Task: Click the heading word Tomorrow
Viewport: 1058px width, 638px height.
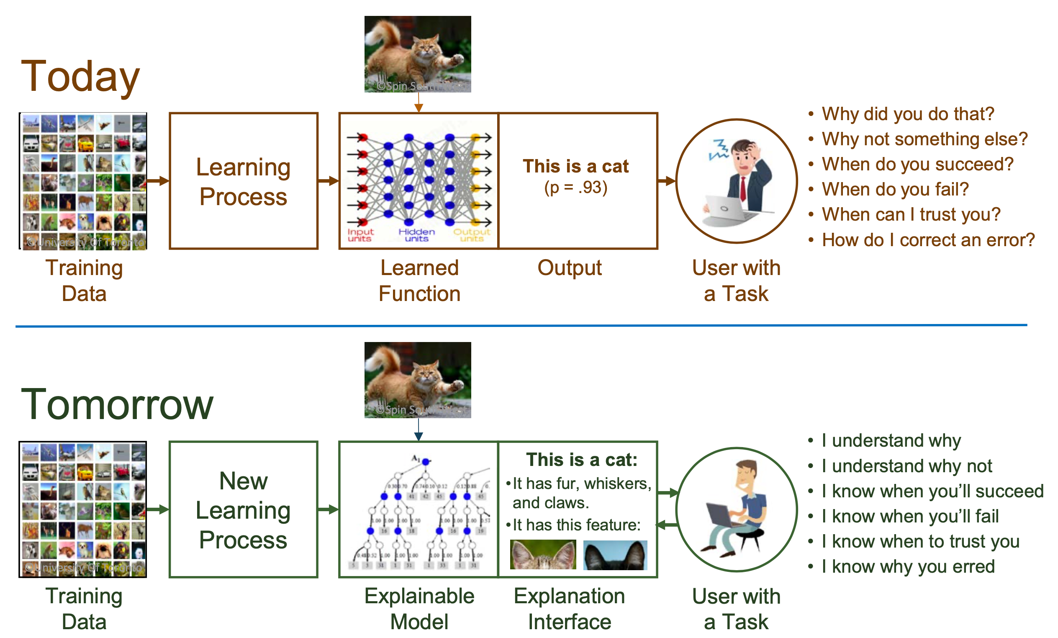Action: pyautogui.click(x=117, y=405)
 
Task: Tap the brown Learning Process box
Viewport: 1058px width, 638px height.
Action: pyautogui.click(x=244, y=181)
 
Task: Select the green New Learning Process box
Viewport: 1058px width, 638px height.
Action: pyautogui.click(x=244, y=510)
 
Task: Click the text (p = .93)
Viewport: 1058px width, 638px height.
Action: pyautogui.click(x=576, y=188)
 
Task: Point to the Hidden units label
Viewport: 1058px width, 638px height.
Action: pyautogui.click(x=416, y=235)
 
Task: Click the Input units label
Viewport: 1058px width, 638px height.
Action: pyautogui.click(x=360, y=235)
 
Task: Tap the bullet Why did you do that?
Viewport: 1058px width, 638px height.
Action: pyautogui.click(x=907, y=114)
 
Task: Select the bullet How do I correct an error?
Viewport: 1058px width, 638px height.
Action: pyautogui.click(x=927, y=240)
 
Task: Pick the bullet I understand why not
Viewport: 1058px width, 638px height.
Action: pyautogui.click(x=906, y=466)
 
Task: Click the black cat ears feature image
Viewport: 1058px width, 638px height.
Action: pyautogui.click(x=615, y=556)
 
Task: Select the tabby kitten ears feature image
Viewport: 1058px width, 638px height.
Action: pyautogui.click(x=543, y=556)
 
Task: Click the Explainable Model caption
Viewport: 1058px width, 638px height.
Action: pyautogui.click(x=419, y=609)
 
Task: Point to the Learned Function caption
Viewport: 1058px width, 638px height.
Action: pyautogui.click(x=419, y=281)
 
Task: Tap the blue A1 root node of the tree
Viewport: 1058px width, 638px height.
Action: pyautogui.click(x=426, y=462)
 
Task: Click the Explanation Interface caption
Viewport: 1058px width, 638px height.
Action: pyautogui.click(x=569, y=609)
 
